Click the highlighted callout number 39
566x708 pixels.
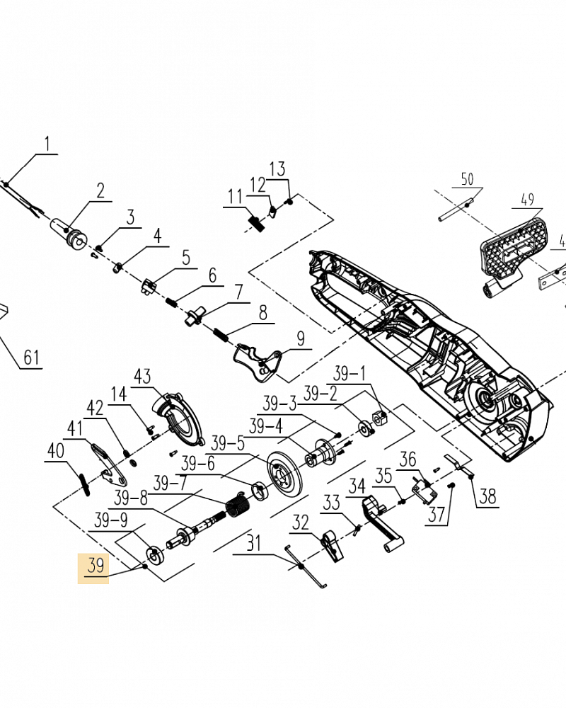96,566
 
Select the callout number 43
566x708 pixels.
142,376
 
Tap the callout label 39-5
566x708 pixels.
228,443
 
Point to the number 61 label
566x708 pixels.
32,358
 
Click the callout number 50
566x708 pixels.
467,179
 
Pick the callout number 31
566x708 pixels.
254,543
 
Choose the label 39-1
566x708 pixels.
349,374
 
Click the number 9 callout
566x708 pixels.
301,338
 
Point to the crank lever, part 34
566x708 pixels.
382,524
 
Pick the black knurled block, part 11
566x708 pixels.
256,224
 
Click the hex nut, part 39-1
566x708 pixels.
380,418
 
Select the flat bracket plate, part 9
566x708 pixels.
257,362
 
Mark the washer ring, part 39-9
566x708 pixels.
154,555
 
